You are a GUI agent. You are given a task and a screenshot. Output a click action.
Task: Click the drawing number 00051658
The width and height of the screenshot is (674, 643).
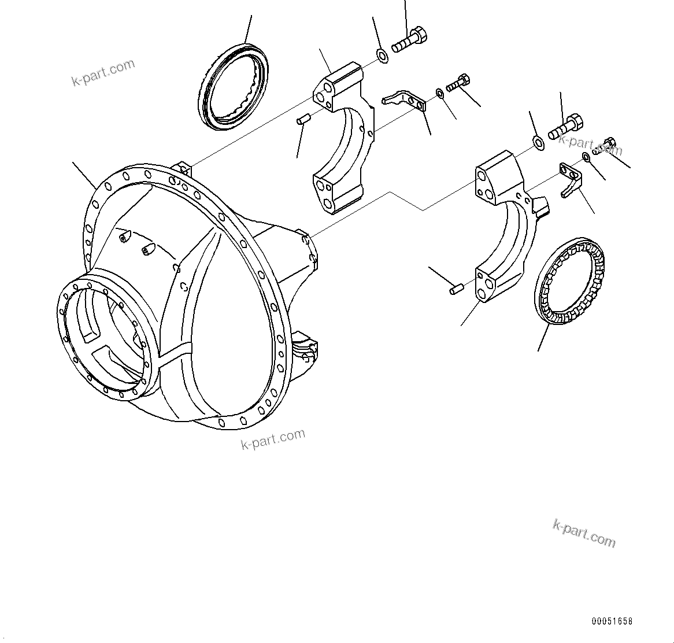click(612, 622)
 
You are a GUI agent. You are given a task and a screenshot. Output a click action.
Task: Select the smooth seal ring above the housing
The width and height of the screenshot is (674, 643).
click(234, 87)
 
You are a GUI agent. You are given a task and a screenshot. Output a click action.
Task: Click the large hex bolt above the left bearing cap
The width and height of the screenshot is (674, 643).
click(410, 40)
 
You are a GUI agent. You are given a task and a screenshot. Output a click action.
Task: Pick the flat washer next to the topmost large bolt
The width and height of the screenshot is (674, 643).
click(383, 56)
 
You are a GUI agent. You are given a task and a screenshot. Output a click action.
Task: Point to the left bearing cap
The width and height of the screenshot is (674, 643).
click(341, 139)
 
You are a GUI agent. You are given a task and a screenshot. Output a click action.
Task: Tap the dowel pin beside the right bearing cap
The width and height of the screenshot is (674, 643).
click(456, 287)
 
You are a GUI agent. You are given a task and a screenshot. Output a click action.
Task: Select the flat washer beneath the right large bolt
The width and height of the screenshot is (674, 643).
click(537, 142)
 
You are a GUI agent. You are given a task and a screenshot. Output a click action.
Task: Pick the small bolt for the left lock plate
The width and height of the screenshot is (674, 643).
click(457, 83)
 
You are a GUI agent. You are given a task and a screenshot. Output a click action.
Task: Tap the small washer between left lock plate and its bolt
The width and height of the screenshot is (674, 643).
click(440, 93)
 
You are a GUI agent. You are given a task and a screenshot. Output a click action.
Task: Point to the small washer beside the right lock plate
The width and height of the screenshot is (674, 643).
click(587, 157)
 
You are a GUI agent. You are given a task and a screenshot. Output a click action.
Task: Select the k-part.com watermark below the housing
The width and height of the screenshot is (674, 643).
click(273, 439)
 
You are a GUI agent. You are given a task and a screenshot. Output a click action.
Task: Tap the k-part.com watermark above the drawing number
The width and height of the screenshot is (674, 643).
click(584, 533)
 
